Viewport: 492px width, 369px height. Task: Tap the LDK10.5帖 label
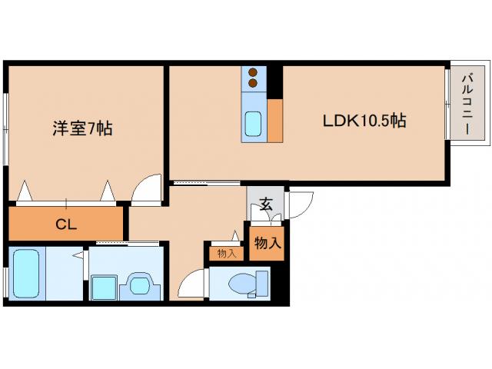click(x=364, y=121)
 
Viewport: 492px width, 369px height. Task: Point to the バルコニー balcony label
click(x=467, y=104)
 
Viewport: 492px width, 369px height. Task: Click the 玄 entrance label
click(x=265, y=204)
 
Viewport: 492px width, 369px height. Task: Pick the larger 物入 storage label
click(x=267, y=244)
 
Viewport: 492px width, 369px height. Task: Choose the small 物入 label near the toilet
click(x=226, y=253)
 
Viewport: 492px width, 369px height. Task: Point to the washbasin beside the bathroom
click(x=141, y=285)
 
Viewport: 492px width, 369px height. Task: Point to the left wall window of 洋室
click(x=6, y=122)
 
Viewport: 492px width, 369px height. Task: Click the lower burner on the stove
click(x=253, y=83)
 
